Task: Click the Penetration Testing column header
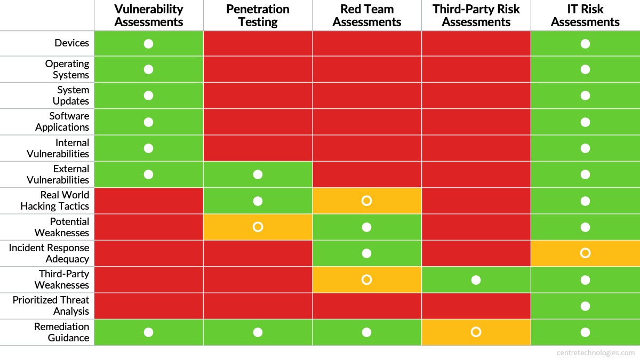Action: click(x=258, y=15)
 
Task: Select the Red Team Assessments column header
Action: click(x=367, y=15)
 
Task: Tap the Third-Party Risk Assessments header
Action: click(x=476, y=15)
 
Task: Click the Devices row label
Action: click(x=71, y=43)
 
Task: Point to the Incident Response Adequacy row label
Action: click(x=49, y=253)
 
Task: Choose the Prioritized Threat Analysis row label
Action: click(x=51, y=306)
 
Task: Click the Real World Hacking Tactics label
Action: click(x=55, y=201)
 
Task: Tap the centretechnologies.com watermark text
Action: click(x=595, y=353)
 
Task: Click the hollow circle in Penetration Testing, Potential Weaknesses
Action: click(x=258, y=227)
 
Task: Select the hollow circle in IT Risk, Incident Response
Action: click(x=585, y=253)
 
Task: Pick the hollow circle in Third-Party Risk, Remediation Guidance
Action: click(x=476, y=332)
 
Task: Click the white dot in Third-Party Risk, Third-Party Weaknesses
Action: click(x=476, y=279)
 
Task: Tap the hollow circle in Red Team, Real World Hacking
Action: click(x=366, y=201)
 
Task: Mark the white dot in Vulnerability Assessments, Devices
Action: click(x=148, y=43)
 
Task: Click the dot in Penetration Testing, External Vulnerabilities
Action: click(x=258, y=174)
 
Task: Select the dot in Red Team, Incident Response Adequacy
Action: click(x=366, y=253)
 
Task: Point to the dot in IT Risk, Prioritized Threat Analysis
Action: click(x=585, y=306)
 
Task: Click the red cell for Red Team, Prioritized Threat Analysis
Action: click(x=367, y=306)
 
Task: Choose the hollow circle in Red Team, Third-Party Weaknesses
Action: click(x=366, y=279)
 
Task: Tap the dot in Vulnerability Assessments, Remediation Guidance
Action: click(x=148, y=332)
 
